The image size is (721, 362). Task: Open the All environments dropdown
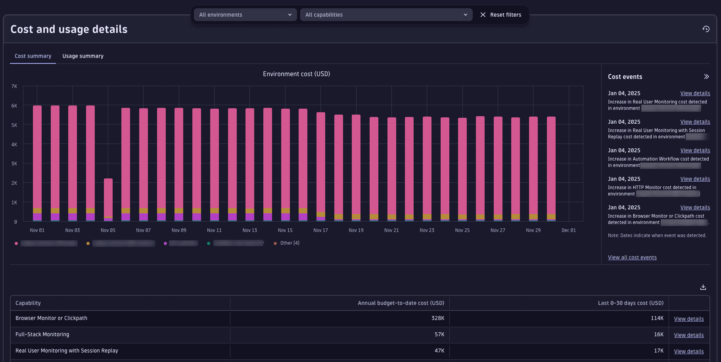245,15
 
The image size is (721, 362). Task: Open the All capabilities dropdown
386,15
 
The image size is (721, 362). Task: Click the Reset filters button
501,15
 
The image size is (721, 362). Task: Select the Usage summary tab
83,56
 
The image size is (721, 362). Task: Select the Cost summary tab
33,56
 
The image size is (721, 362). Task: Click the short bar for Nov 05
108,198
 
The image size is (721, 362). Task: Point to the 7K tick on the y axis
14,86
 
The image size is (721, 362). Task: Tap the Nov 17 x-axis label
320,230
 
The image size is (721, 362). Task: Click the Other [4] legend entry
290,243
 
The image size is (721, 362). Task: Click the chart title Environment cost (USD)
296,74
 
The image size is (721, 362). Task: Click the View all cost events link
632,258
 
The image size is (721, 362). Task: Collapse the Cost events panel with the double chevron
706,77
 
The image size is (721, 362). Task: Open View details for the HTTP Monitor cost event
695,179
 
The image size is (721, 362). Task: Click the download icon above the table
703,287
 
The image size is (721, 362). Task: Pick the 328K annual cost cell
438,318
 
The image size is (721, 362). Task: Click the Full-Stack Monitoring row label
42,335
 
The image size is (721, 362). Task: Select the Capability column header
28,303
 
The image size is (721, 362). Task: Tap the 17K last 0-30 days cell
658,351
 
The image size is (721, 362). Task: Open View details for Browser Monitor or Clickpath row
688,319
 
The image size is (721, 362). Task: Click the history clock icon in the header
706,29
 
